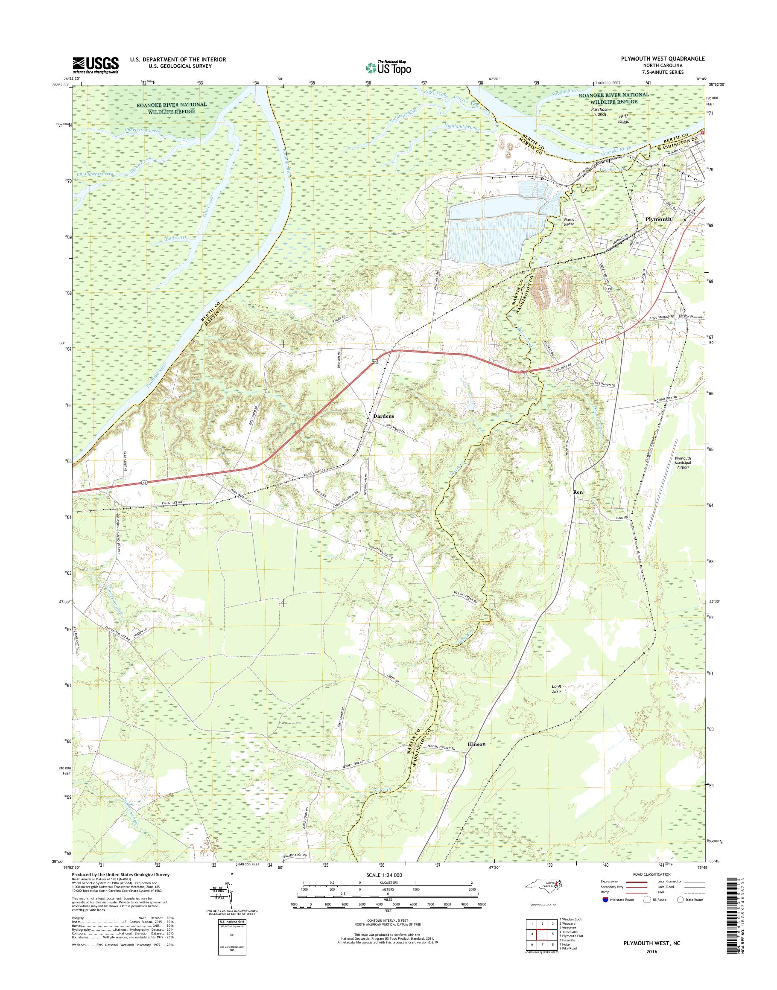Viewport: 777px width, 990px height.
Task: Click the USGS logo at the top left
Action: pos(96,65)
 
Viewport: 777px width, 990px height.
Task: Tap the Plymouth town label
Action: pos(658,219)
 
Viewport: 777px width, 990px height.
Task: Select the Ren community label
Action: pos(578,492)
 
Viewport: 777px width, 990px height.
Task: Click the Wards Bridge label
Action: pos(569,221)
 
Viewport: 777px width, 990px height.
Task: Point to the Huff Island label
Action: pos(623,119)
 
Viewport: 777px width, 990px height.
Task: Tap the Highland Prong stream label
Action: pos(462,127)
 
